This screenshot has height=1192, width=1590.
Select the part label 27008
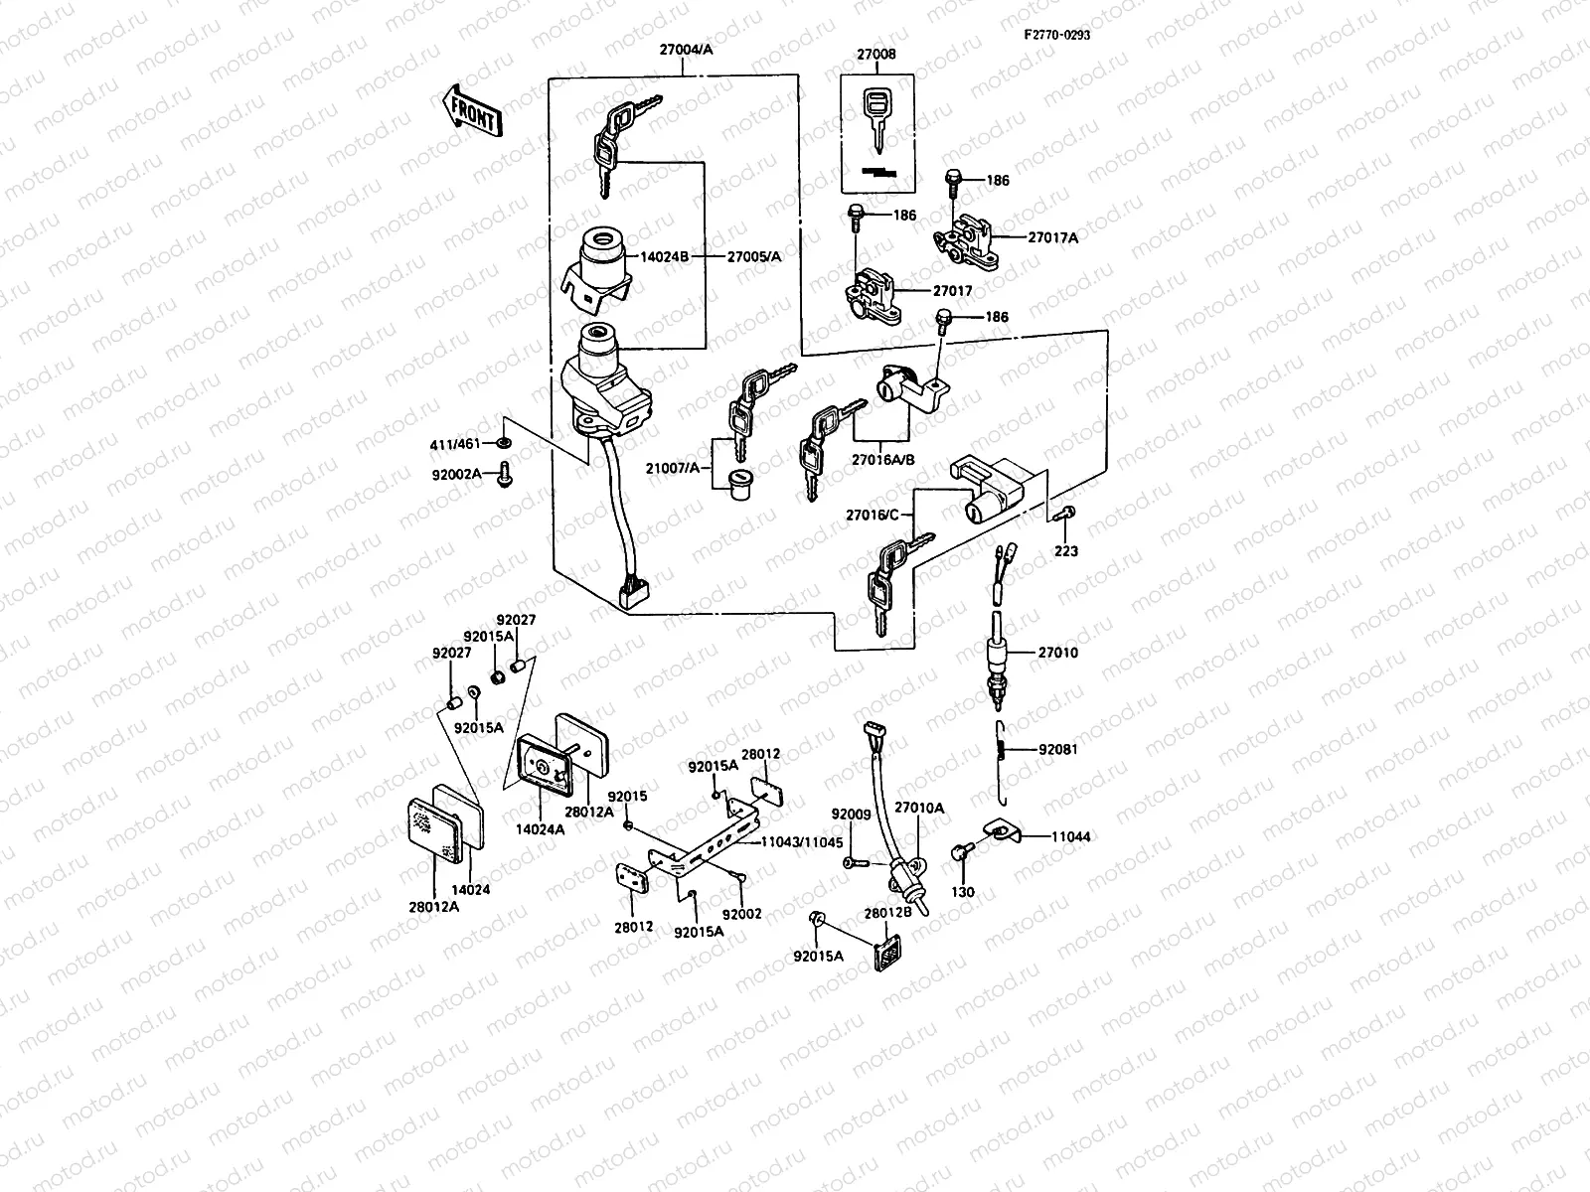click(874, 55)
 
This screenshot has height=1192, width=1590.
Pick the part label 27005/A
click(754, 256)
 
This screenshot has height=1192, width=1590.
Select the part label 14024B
click(664, 256)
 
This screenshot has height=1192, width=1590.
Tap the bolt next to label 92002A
click(504, 474)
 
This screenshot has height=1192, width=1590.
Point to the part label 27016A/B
click(882, 460)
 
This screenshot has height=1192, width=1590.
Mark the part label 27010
click(1058, 653)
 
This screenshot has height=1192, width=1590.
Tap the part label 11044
click(1068, 837)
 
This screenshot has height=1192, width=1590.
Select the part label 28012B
click(881, 912)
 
